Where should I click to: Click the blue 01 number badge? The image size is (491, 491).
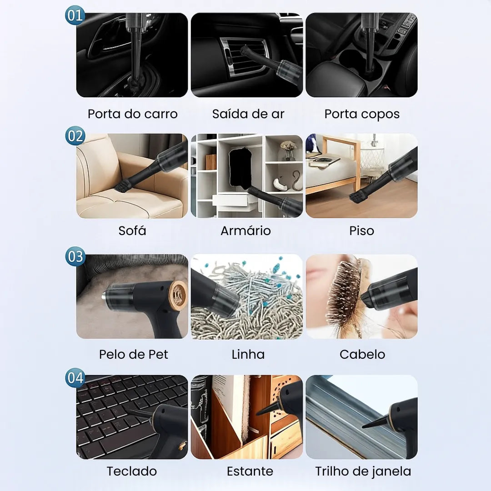[75, 15]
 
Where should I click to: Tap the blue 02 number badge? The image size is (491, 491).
[75, 136]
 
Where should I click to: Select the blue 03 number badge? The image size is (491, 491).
[75, 257]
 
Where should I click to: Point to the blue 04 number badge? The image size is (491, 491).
[75, 378]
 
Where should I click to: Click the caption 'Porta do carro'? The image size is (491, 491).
[132, 114]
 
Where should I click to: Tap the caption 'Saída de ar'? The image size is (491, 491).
[248, 114]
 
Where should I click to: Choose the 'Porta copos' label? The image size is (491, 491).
[362, 114]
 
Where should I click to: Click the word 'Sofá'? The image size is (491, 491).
[132, 230]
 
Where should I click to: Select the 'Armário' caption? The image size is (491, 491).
[245, 230]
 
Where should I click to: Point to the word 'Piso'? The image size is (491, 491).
[361, 230]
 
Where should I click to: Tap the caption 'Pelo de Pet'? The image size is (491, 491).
[133, 354]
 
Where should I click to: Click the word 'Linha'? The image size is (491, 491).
[248, 354]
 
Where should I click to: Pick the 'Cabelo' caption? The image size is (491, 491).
[362, 354]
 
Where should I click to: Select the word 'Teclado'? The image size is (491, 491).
[132, 471]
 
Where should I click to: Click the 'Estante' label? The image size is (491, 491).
[250, 471]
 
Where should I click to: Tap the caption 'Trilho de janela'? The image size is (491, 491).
[363, 471]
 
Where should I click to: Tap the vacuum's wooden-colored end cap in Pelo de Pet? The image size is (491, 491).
[177, 295]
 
